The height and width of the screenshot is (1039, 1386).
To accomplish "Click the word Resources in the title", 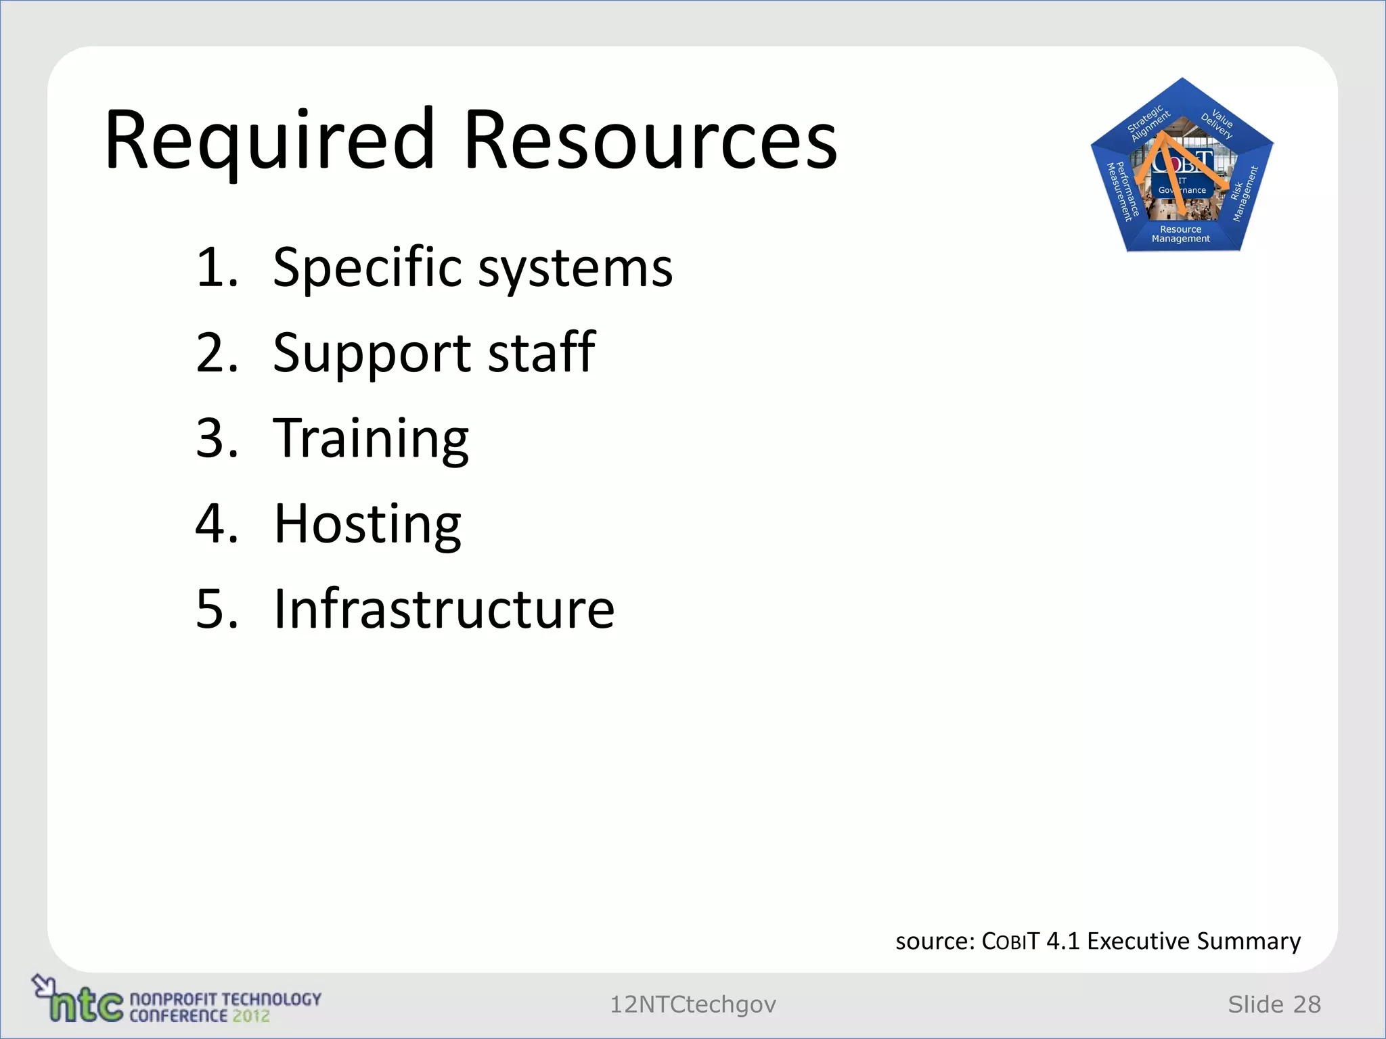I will coord(650,141).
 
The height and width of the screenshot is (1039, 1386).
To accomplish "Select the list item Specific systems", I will coord(472,268).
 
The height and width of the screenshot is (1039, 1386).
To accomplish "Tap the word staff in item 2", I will coord(541,352).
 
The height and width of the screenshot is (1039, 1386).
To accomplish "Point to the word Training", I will coord(371,438).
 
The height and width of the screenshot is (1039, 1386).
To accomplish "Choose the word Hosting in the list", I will coord(367,524).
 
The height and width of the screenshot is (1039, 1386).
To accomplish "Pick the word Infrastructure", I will coord(444,609).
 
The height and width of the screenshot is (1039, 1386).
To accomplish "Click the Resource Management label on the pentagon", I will coord(1181,234).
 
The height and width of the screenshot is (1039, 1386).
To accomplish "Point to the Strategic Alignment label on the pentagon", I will coord(1148,122).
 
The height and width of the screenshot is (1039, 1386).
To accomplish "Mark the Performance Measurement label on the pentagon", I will coord(1121,192).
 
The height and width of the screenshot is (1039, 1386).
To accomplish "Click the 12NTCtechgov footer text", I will coord(692,1005).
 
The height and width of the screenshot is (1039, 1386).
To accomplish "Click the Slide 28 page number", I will coord(1274,1005).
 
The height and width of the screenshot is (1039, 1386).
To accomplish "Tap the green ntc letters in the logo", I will coord(85,1005).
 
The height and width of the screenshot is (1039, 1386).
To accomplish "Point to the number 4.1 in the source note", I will coord(1063,941).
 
